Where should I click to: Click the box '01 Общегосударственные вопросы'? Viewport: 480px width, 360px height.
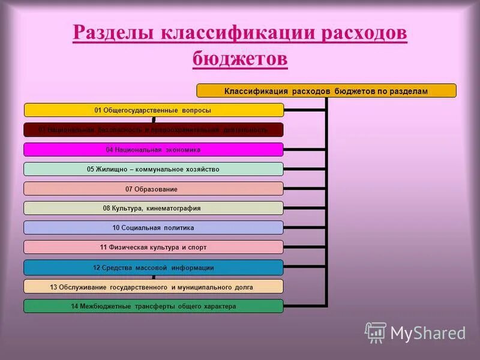click(153, 110)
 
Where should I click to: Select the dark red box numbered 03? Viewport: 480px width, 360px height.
click(153, 130)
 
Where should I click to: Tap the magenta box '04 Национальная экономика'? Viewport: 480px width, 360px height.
click(153, 149)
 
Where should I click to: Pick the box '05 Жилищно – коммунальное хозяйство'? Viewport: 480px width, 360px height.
click(153, 169)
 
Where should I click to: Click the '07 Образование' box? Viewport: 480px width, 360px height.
click(153, 189)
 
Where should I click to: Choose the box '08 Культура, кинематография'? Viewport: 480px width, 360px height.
click(153, 208)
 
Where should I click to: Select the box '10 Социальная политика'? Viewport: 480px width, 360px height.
click(153, 228)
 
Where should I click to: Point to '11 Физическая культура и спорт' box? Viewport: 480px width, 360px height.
click(153, 247)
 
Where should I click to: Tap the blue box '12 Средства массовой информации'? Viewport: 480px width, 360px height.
click(153, 268)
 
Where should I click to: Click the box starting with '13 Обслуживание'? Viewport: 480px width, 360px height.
click(153, 287)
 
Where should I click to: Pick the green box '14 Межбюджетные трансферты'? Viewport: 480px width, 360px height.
click(153, 306)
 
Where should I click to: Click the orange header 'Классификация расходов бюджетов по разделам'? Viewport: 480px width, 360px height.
click(326, 91)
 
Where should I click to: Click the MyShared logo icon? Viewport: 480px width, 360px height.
click(376, 332)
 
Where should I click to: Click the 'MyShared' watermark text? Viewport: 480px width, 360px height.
click(428, 333)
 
